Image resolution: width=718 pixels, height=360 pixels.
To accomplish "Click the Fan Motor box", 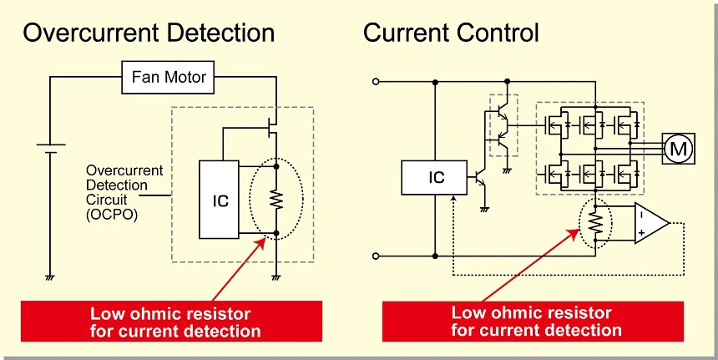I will click(169, 79).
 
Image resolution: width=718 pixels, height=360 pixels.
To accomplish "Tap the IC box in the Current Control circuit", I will click(436, 177).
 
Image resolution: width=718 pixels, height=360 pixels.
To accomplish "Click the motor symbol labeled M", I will click(677, 150).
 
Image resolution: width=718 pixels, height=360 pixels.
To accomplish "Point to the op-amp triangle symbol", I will click(650, 223).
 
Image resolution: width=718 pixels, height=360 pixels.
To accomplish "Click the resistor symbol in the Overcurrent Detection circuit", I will click(275, 200).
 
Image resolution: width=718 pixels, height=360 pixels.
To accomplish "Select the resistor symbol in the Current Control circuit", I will click(595, 221).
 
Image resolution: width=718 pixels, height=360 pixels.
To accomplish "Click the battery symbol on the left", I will click(50, 148).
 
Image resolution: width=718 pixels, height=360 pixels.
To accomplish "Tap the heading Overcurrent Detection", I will click(149, 33).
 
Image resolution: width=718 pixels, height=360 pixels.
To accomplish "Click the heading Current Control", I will click(451, 33).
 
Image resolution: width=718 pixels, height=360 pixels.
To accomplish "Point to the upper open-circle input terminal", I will click(376, 82).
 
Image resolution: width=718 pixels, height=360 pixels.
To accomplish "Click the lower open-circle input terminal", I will click(376, 256).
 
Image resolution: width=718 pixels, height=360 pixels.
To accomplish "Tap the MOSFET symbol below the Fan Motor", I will click(271, 127).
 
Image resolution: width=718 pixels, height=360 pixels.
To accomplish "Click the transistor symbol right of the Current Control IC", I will click(479, 178).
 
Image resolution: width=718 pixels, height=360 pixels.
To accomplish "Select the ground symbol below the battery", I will click(50, 275).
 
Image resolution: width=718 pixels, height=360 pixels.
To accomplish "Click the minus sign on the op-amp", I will click(640, 212).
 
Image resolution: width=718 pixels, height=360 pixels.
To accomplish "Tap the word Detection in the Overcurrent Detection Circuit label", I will click(117, 185).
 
